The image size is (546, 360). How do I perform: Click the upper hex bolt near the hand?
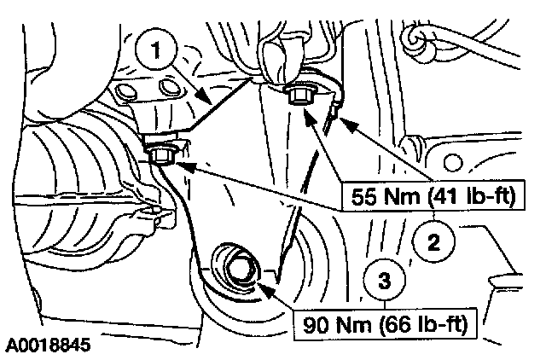pyautogui.click(x=298, y=95)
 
